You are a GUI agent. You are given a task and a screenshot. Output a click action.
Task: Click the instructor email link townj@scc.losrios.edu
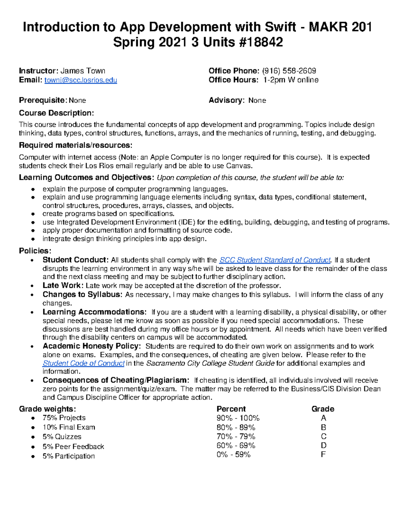click(x=81, y=80)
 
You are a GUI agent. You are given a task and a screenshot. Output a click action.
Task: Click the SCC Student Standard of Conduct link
click(x=275, y=260)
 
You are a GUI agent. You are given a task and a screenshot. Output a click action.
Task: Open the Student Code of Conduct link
click(x=84, y=363)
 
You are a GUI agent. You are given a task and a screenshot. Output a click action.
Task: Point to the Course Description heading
click(x=56, y=113)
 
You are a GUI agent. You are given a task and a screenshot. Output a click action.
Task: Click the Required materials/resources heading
click(x=76, y=145)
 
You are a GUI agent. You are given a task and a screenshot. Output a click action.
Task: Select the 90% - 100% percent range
click(x=238, y=418)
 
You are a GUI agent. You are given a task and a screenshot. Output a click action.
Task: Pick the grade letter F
click(x=323, y=455)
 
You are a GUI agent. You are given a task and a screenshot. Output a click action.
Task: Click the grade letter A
click(x=323, y=418)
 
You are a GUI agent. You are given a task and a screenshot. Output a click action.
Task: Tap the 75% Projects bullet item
click(x=64, y=418)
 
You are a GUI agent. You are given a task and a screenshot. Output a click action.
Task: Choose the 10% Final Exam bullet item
click(x=69, y=427)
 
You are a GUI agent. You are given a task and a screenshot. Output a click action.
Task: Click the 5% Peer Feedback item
click(x=73, y=447)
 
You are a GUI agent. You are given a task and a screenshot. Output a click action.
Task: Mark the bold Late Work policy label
click(x=63, y=285)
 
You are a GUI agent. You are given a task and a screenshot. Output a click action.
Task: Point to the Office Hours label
click(x=233, y=80)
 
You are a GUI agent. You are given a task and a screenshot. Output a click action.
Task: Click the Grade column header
click(x=323, y=409)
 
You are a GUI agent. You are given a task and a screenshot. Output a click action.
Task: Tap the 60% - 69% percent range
click(x=236, y=446)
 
